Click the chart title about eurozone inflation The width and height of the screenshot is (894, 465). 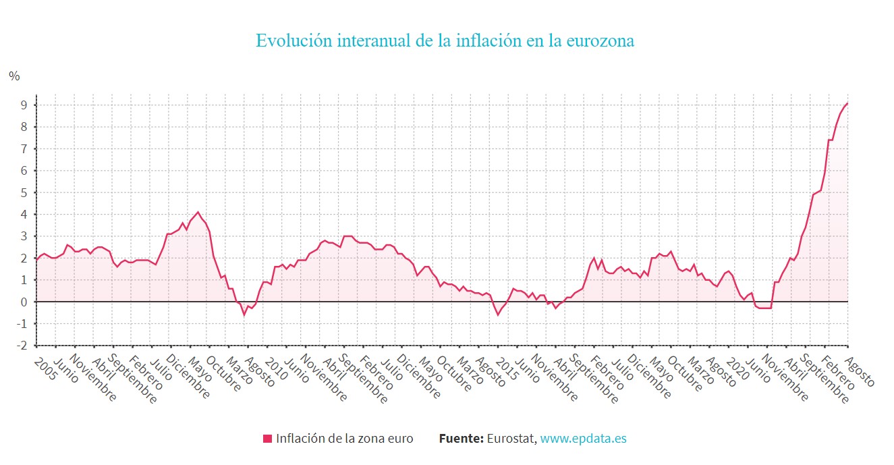click(x=445, y=40)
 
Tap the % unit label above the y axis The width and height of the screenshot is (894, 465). click(x=14, y=76)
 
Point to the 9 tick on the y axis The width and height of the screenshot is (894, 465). click(x=23, y=105)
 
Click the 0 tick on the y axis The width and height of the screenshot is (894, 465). click(x=23, y=302)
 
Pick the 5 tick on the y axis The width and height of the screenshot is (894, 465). click(x=23, y=192)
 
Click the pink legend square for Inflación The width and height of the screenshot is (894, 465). click(x=267, y=439)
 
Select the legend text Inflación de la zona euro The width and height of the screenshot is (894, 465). click(x=344, y=439)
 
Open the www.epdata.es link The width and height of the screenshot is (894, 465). click(x=583, y=439)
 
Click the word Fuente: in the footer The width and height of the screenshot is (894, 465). click(x=461, y=439)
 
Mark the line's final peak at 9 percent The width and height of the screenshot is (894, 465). click(x=847, y=103)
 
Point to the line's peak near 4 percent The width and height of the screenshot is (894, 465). click(x=198, y=212)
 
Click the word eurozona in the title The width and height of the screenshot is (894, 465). click(x=600, y=40)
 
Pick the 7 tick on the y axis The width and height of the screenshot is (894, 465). click(x=23, y=148)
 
